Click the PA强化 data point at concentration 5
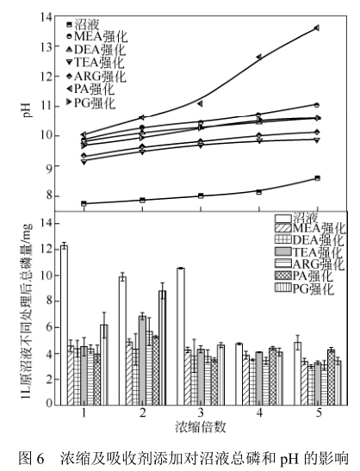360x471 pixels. coord(316,28)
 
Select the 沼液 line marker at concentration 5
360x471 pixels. coord(317,178)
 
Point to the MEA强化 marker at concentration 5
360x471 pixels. coord(317,105)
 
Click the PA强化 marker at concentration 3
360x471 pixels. coord(200,103)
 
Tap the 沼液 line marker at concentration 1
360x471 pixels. coord(84,203)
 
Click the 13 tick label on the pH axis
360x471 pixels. coord(47,46)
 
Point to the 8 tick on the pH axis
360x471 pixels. coord(48,195)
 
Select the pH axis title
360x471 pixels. coord(27,110)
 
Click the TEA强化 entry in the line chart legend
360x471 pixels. coord(96,63)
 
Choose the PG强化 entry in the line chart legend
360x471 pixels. coord(90,102)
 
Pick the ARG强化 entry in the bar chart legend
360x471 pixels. coord(309,264)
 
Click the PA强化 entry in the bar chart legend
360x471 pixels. coord(304,276)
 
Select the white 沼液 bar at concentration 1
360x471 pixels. coord(64,325)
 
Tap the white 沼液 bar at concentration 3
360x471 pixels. coord(181,337)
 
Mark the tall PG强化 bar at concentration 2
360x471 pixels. coord(162,348)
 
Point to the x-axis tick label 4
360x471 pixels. coord(259,412)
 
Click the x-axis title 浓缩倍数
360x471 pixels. coord(201,427)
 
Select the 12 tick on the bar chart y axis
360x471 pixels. coord(47,250)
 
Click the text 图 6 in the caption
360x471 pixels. coord(31,458)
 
